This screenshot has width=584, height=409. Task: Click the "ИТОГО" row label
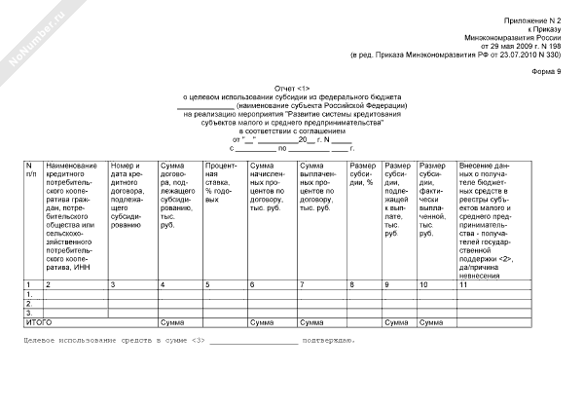[39, 320]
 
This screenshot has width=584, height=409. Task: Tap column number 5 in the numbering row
[208, 283]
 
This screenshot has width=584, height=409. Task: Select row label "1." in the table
[30, 293]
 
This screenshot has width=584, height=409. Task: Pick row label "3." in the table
[30, 312]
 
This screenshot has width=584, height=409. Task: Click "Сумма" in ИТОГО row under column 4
[173, 320]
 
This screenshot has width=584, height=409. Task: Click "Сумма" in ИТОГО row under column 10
[434, 320]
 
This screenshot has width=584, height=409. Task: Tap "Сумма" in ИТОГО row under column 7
[312, 320]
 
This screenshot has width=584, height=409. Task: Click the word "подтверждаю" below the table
[330, 340]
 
